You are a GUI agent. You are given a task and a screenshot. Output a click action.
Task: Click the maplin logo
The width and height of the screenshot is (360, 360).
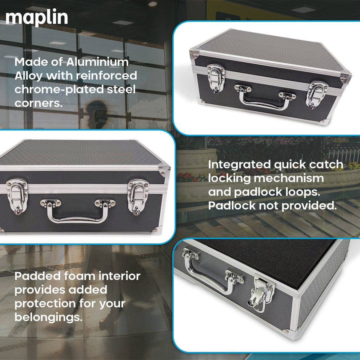click(36, 18)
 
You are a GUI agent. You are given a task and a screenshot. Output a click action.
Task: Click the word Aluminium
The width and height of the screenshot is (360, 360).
click(97, 62)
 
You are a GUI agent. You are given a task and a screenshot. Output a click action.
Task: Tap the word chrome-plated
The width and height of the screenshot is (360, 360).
click(57, 89)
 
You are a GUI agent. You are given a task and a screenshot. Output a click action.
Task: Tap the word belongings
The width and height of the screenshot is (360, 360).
click(48, 317)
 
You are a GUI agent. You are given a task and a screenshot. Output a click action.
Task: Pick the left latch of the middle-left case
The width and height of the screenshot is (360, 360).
click(17, 196)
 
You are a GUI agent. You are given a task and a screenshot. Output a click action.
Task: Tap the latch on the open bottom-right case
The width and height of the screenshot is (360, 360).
click(262, 294)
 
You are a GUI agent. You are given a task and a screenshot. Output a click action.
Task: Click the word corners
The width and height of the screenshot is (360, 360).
click(36, 103)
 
